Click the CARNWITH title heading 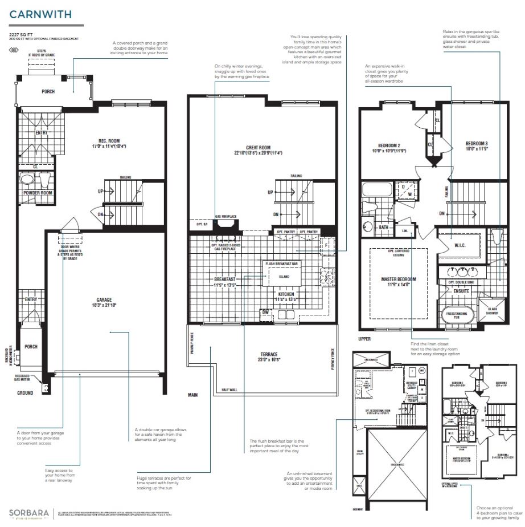pyautogui.click(x=40, y=14)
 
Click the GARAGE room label pyautogui.click(x=104, y=299)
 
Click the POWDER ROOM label pyautogui.click(x=38, y=193)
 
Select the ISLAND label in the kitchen pyautogui.click(x=284, y=277)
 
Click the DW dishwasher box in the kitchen pyautogui.click(x=265, y=312)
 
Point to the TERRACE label pyautogui.click(x=263, y=354)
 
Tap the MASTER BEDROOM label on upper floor pyautogui.click(x=399, y=279)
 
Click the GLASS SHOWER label pyautogui.click(x=491, y=311)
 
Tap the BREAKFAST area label pyautogui.click(x=225, y=279)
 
